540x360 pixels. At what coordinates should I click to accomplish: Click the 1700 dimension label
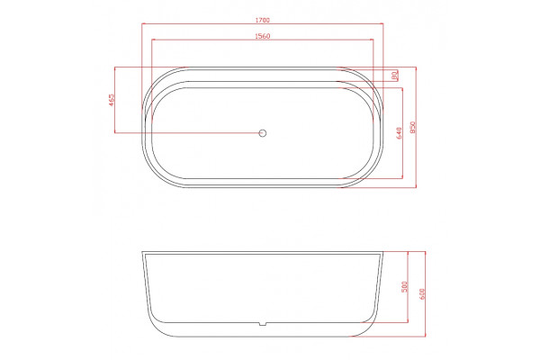click(x=263, y=21)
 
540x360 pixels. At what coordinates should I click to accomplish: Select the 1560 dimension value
click(x=263, y=36)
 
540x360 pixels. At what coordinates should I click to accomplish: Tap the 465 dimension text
click(x=112, y=100)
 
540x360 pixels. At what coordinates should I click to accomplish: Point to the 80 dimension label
click(x=395, y=75)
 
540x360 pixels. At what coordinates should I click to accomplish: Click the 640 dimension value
click(x=399, y=133)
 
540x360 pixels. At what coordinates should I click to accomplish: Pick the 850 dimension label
click(x=413, y=127)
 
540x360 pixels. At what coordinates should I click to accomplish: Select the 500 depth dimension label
click(x=405, y=287)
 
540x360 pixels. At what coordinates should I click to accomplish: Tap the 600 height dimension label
click(x=423, y=294)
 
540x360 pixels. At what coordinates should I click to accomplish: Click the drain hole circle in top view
click(x=263, y=132)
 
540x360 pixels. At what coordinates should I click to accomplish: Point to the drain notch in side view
click(x=263, y=324)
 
